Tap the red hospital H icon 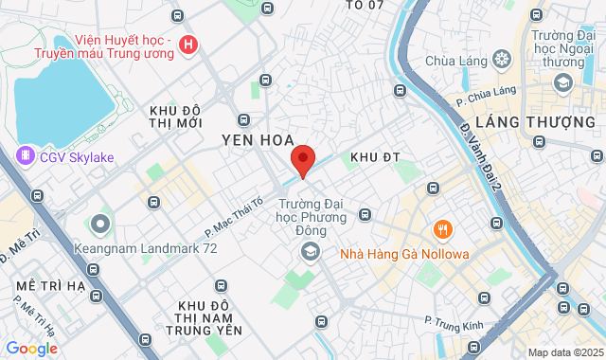pos(189,44)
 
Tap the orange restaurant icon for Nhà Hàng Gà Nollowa pos(441,230)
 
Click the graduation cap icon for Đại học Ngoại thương pos(564,83)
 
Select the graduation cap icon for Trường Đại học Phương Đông pos(309,251)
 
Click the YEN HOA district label pos(256,140)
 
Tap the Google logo pos(31,349)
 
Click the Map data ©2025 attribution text pos(563,352)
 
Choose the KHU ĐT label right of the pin pos(370,156)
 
